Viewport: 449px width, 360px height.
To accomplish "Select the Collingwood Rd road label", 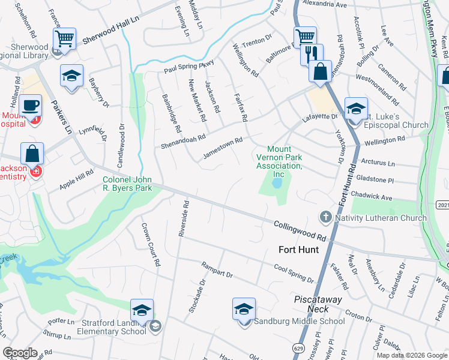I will pos(300,229).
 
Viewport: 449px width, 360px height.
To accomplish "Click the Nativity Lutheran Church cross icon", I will pos(325,217).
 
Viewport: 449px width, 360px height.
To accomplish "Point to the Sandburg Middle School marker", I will pos(244,310).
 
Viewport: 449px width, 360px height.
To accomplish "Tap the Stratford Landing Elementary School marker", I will pos(142,311).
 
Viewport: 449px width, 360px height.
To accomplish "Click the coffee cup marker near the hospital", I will pos(30,106).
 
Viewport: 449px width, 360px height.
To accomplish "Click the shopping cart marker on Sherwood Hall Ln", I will pos(64,39).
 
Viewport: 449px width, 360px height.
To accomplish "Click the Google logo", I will pos(20,353).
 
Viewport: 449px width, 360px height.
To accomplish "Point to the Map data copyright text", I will pos(411,355).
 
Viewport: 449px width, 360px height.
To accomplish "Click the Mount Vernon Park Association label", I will pos(278,161).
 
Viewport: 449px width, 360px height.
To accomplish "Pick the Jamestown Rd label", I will pos(222,147).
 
